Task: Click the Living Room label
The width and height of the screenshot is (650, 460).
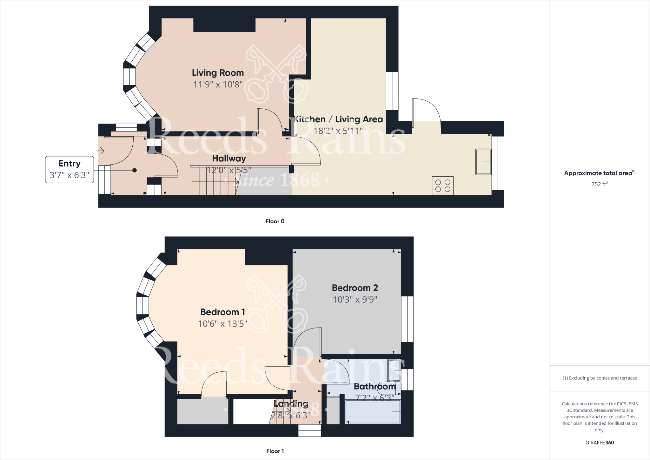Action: point(218,73)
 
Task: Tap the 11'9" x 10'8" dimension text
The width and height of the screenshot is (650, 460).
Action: point(218,85)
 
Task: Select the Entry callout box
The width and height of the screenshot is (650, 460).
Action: point(70,169)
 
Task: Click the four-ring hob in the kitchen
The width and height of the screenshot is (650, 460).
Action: point(443,186)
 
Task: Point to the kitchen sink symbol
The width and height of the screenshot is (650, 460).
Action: point(483,162)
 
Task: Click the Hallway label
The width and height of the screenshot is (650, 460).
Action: point(229,158)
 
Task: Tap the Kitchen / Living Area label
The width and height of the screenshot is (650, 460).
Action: point(338,119)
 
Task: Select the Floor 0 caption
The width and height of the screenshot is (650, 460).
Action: point(275,221)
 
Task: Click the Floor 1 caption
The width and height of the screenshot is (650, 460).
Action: point(275,451)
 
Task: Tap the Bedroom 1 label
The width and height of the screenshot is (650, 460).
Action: point(222,312)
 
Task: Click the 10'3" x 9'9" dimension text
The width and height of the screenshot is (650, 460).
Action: point(355,300)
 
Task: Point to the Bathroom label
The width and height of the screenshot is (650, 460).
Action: point(375,386)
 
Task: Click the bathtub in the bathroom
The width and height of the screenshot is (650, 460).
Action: point(373,412)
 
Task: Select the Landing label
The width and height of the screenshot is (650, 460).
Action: point(291,404)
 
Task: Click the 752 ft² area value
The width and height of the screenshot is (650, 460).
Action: point(600,184)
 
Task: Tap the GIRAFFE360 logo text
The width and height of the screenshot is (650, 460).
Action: point(600,443)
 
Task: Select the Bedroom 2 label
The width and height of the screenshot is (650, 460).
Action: point(355,288)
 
